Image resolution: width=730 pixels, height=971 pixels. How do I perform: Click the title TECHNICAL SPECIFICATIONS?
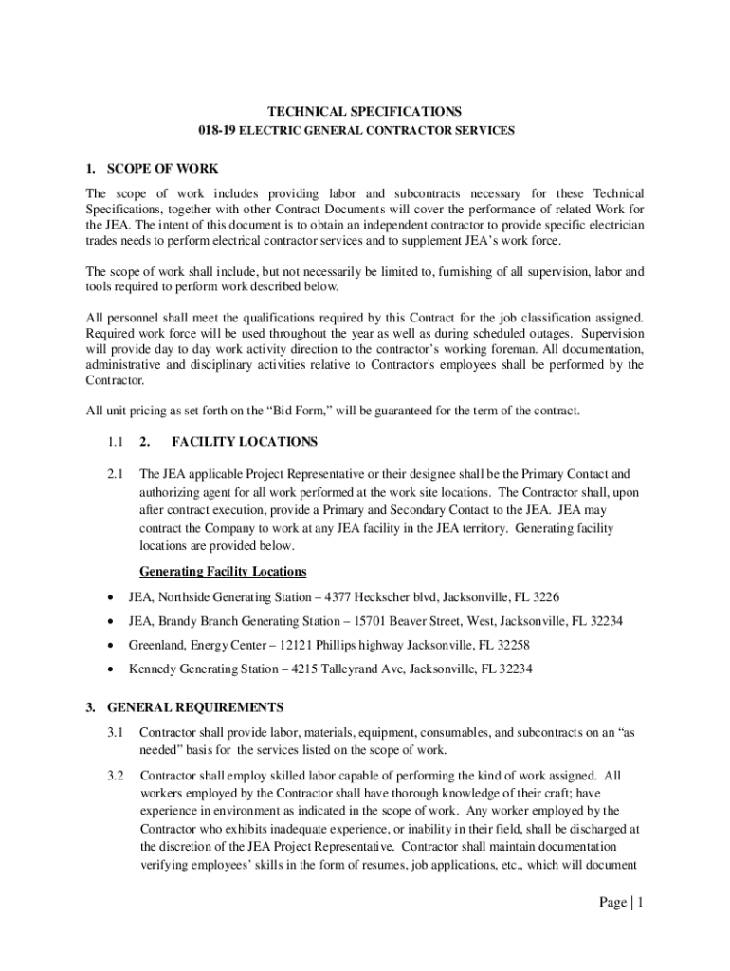[364, 111]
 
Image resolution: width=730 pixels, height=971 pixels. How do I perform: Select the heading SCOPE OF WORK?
[162, 169]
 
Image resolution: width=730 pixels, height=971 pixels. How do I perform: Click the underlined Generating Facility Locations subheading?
[223, 572]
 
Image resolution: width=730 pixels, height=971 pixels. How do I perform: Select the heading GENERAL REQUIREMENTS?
[195, 707]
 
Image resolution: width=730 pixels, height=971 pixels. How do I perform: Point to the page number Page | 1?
[621, 903]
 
